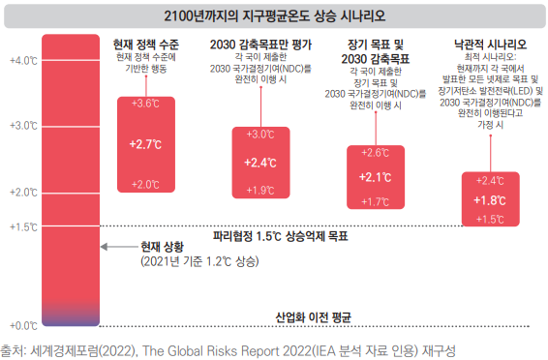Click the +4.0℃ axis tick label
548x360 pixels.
click(x=23, y=61)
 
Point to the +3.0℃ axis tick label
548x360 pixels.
click(x=23, y=126)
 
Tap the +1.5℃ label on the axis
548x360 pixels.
click(x=23, y=227)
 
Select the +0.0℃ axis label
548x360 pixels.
click(x=23, y=326)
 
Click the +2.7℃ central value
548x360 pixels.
click(x=145, y=144)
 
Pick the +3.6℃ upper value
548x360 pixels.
click(x=145, y=104)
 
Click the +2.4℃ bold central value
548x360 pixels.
click(x=260, y=163)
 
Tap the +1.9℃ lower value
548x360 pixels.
click(x=260, y=191)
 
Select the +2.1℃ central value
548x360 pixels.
click(x=376, y=177)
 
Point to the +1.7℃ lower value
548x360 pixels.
click(x=376, y=202)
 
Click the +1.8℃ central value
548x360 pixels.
click(x=490, y=200)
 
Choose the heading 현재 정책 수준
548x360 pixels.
click(x=146, y=45)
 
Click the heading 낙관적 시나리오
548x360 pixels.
click(x=490, y=45)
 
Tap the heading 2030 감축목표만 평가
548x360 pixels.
click(x=260, y=45)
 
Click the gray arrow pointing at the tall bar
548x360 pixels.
click(x=119, y=247)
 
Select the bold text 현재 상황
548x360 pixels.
click(x=162, y=247)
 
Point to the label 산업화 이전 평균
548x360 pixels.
click(x=313, y=317)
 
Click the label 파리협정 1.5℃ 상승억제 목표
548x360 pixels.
click(x=281, y=236)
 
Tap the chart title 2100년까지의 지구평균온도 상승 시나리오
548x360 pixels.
click(x=275, y=16)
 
